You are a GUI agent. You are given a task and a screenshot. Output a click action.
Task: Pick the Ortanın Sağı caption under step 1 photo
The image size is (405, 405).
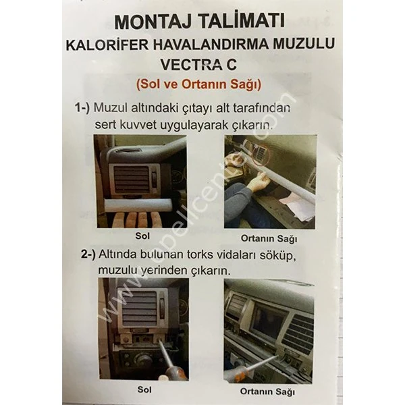point(269,238)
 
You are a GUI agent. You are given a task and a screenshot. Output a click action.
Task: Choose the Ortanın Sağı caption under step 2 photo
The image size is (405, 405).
point(269,390)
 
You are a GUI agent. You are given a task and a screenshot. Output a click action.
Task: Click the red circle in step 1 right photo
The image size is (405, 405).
point(260,157)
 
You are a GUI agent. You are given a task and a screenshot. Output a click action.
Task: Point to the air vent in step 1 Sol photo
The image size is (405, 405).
point(132,178)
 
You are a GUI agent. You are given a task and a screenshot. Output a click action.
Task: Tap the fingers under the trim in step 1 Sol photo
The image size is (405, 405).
point(135,221)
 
